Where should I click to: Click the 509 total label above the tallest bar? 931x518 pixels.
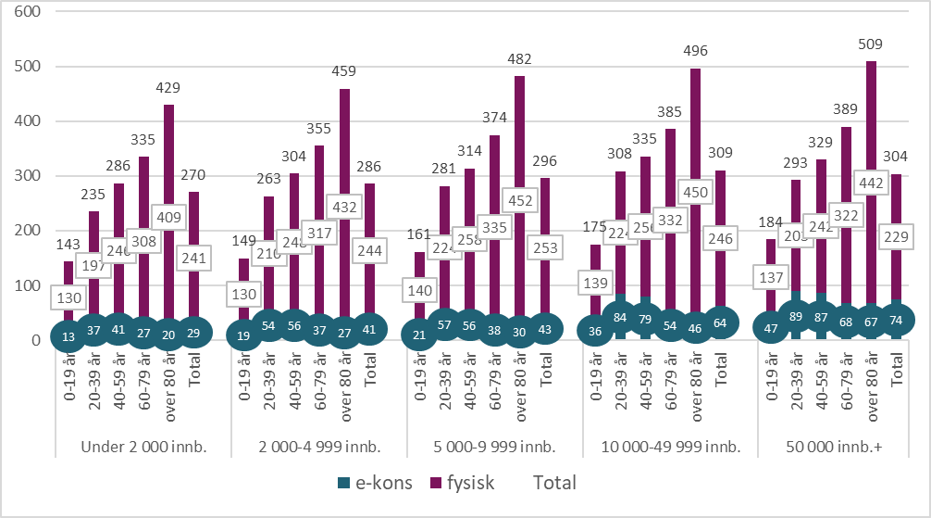pos(870,44)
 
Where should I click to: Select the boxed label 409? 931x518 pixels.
pos(168,219)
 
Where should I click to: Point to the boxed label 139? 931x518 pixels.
pos(593,279)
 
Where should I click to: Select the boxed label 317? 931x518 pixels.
pos(318,233)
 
